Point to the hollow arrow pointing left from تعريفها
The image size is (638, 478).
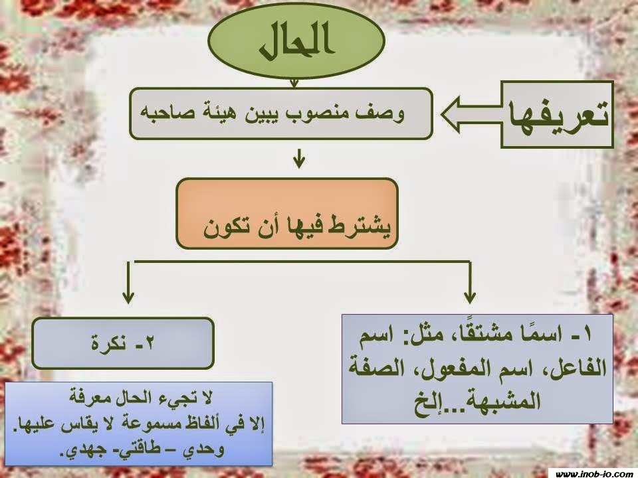point(471,114)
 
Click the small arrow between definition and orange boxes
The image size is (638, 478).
point(298,159)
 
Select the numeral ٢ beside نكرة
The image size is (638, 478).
point(148,343)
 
